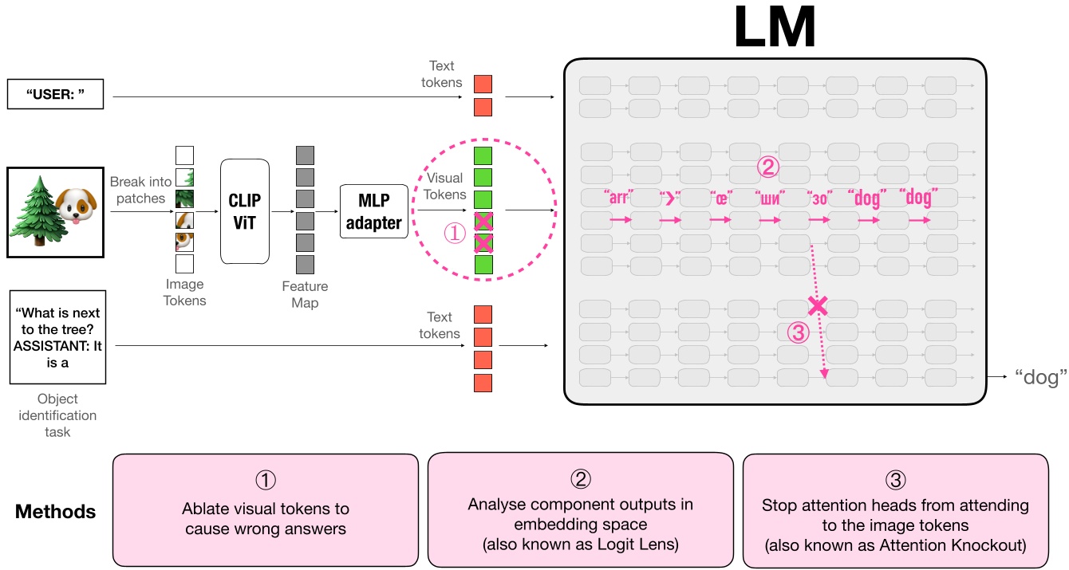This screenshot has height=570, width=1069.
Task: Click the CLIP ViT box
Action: pyautogui.click(x=245, y=211)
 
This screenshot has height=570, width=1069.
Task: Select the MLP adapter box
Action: pyautogui.click(x=373, y=211)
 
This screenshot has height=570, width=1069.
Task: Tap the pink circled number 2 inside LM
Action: pyautogui.click(x=767, y=166)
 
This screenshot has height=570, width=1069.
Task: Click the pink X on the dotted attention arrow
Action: pyautogui.click(x=816, y=305)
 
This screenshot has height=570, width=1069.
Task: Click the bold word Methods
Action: pyautogui.click(x=55, y=511)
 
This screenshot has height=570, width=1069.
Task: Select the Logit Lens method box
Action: pyautogui.click(x=580, y=510)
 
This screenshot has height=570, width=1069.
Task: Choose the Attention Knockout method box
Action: pyautogui.click(x=895, y=510)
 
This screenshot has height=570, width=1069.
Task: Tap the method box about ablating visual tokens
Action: pyautogui.click(x=265, y=510)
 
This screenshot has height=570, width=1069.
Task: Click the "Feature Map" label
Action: pyautogui.click(x=304, y=294)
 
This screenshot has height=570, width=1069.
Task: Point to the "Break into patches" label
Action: pyautogui.click(x=140, y=190)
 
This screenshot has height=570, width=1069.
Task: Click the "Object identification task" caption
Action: pyautogui.click(x=57, y=415)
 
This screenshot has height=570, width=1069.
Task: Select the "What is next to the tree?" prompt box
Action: pyautogui.click(x=57, y=336)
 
